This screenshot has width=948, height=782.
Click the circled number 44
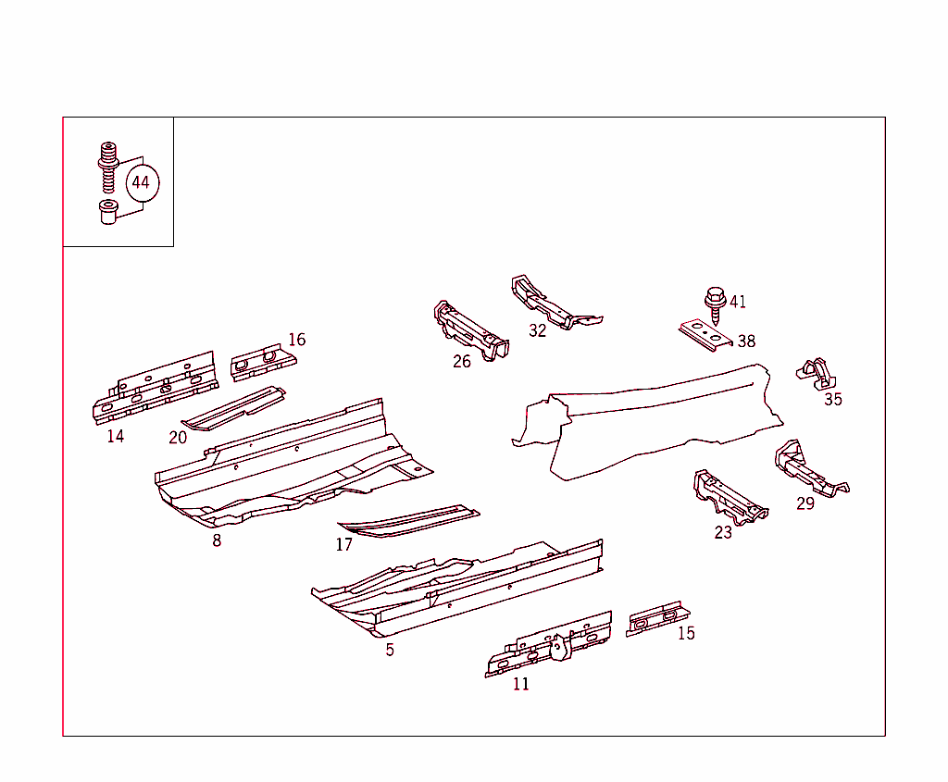click(x=143, y=182)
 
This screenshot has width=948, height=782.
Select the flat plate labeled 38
click(x=705, y=335)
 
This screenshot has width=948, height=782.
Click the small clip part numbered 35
click(x=817, y=374)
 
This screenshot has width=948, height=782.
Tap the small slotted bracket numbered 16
click(x=263, y=362)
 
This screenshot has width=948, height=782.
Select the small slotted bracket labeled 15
click(x=657, y=618)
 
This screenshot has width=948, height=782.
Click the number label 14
click(x=116, y=436)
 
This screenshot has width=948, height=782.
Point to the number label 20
click(x=178, y=438)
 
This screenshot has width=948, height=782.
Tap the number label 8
click(x=217, y=540)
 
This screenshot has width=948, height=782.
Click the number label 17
click(x=344, y=544)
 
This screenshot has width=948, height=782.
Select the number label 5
click(x=390, y=650)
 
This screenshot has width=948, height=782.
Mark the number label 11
click(x=520, y=684)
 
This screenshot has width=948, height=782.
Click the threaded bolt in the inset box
click(x=108, y=168)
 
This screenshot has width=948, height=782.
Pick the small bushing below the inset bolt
click(x=108, y=212)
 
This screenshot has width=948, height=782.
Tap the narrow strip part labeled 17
click(x=408, y=521)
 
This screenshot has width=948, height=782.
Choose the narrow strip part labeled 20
click(x=233, y=408)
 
